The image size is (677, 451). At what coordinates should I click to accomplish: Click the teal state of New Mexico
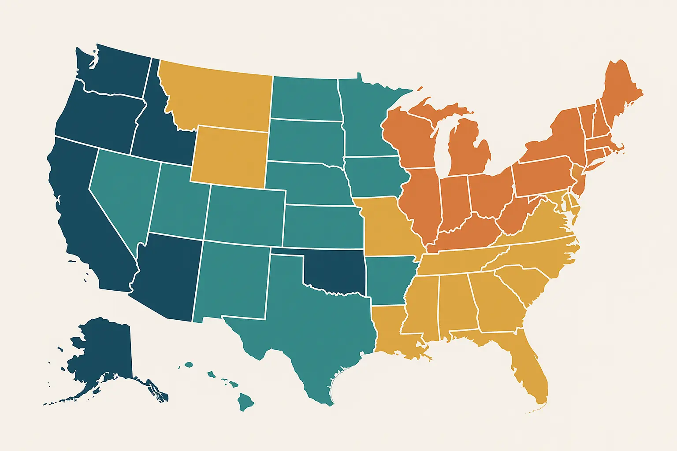tap(231, 282)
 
